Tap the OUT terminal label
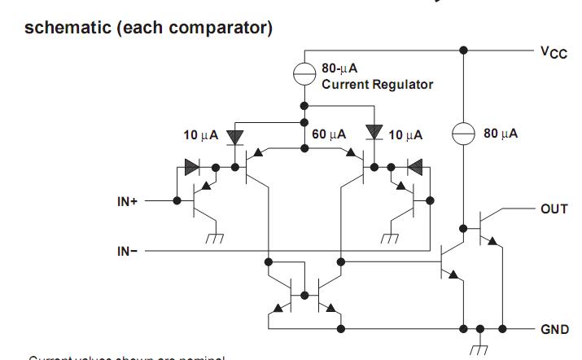pos(554,209)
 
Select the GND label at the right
pos(554,329)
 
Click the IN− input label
pos(128,252)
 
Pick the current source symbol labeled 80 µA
pos(464,134)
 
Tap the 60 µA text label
pos(329,134)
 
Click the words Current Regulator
pos(378,84)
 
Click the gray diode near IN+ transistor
pos(191,168)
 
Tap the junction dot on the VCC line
pos(464,50)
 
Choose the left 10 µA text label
pos(200,134)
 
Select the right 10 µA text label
pos(406,134)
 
